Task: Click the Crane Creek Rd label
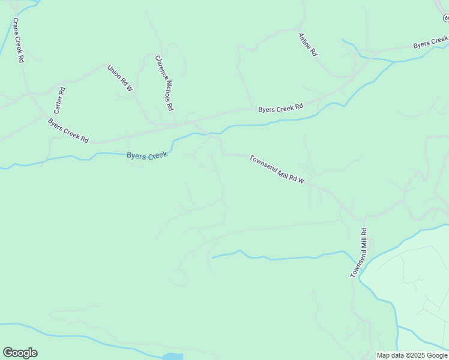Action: pyautogui.click(x=18, y=40)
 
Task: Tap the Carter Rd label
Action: pyautogui.click(x=59, y=100)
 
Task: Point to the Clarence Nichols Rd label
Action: pyautogui.click(x=164, y=83)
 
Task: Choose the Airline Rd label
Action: pyautogui.click(x=307, y=44)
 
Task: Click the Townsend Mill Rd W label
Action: pyautogui.click(x=277, y=169)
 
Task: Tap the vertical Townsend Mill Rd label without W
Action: pyautogui.click(x=358, y=253)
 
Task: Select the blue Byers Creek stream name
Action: pyautogui.click(x=146, y=155)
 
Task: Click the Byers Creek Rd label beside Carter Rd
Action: pyautogui.click(x=68, y=131)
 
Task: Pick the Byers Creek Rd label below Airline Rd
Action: pyautogui.click(x=280, y=109)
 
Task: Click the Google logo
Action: pyautogui.click(x=20, y=353)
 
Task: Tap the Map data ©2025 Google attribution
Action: pyautogui.click(x=412, y=355)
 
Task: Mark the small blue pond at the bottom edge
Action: pyautogui.click(x=172, y=357)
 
